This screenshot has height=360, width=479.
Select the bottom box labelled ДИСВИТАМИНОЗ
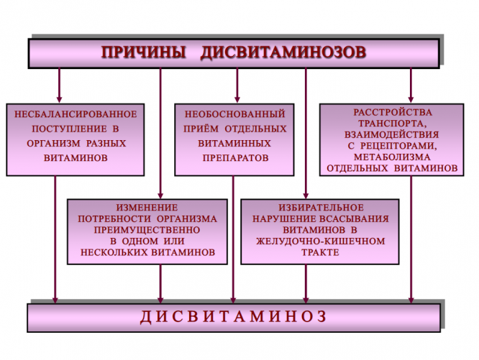click(x=233, y=316)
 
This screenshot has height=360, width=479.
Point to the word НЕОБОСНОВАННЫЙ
click(x=235, y=114)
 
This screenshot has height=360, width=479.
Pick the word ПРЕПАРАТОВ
click(x=235, y=156)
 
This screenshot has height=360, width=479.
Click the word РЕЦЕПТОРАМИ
click(x=398, y=145)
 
